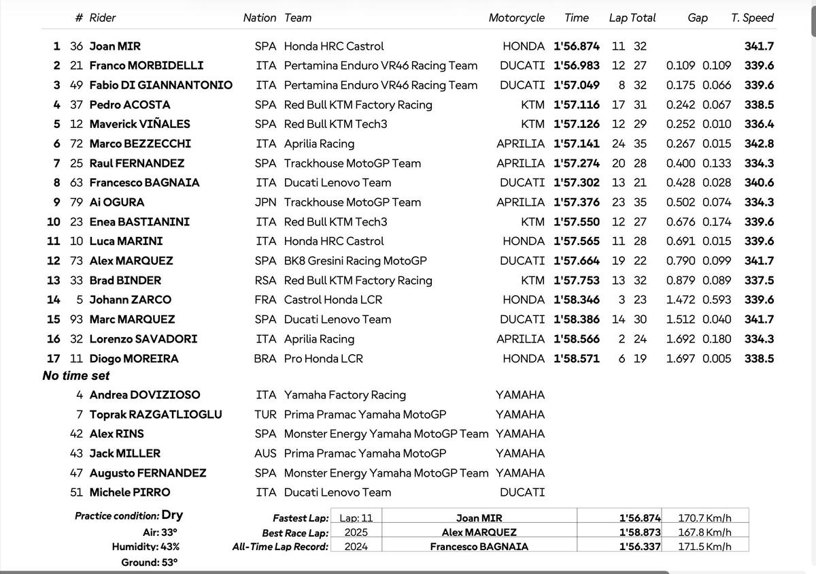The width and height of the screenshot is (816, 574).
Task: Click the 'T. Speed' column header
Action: [x=752, y=18]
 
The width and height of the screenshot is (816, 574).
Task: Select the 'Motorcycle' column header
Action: [x=516, y=18]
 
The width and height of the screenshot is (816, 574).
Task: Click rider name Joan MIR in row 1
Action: [x=115, y=46]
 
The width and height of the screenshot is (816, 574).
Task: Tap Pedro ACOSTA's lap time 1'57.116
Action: [x=576, y=105]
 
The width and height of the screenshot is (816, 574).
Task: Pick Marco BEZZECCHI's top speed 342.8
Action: [x=759, y=144]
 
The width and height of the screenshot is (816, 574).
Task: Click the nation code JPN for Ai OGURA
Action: [x=265, y=202]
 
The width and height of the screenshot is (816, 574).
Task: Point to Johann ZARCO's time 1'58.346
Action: [x=576, y=300]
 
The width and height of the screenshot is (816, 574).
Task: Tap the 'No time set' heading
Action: [x=75, y=375]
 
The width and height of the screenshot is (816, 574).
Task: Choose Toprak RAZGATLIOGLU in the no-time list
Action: [x=155, y=414]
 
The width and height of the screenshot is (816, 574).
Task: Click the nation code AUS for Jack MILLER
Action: [x=265, y=453]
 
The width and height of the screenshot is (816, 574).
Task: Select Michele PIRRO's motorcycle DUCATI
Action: [x=522, y=492]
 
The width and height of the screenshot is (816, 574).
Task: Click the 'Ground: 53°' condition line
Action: [x=149, y=562]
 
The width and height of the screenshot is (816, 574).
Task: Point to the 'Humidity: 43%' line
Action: [x=146, y=547]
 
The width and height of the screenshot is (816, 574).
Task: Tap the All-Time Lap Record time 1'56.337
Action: [x=639, y=547]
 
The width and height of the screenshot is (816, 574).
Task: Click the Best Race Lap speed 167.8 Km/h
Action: [x=704, y=532]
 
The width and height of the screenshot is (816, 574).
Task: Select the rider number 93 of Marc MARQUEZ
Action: [x=76, y=319]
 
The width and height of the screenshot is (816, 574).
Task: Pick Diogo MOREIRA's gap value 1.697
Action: [x=681, y=359]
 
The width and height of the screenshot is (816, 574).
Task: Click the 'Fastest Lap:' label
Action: [x=300, y=518]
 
